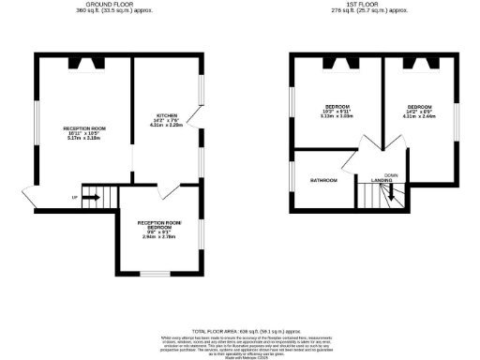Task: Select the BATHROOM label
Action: click(x=323, y=179)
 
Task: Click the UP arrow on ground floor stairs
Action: click(x=92, y=198)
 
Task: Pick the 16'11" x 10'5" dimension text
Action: click(x=83, y=132)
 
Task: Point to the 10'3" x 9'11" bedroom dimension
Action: click(x=335, y=111)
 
